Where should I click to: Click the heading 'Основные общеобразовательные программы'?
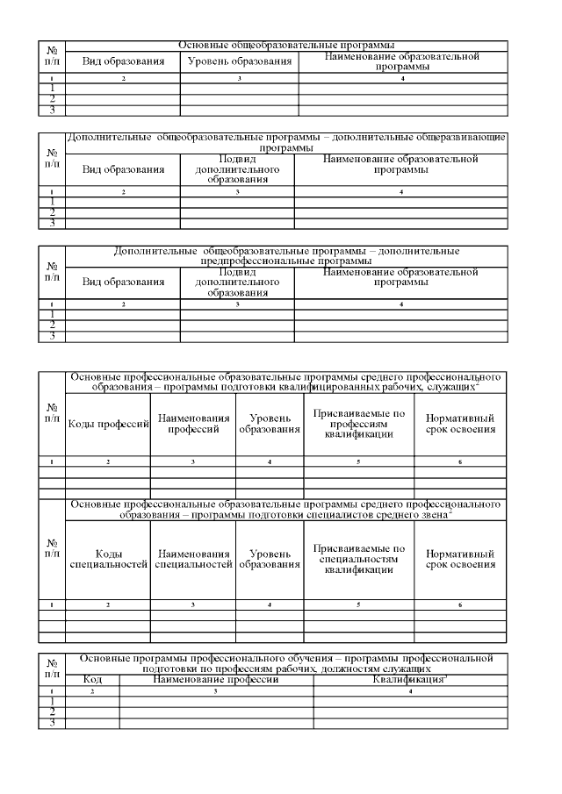[285, 44]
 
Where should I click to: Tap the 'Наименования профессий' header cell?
[192, 425]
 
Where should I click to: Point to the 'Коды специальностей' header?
[108, 559]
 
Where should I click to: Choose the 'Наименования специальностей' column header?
[192, 559]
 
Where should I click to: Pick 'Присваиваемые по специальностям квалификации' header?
[358, 559]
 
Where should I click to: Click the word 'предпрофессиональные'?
[242, 261]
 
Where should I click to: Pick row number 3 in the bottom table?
[53, 723]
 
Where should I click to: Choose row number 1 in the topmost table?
[53, 88]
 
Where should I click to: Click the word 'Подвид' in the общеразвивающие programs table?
[237, 159]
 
